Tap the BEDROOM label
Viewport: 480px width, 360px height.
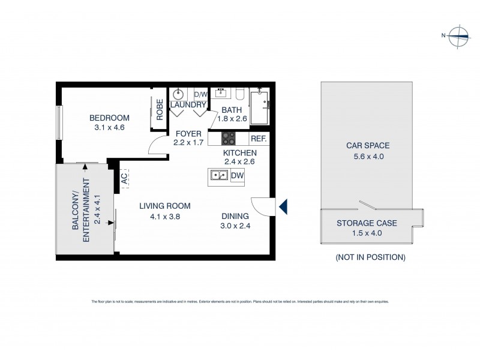click(109, 118)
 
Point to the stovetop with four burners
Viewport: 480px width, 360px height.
click(229, 139)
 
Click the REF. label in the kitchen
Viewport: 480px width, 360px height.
click(258, 139)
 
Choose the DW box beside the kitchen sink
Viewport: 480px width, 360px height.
click(236, 175)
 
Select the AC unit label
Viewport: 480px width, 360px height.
click(125, 178)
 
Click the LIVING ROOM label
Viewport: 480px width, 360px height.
click(160, 206)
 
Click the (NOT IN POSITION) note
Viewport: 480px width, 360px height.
click(370, 257)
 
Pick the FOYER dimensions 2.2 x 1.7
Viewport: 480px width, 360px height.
click(188, 143)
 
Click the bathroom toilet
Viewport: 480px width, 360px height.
click(239, 94)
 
